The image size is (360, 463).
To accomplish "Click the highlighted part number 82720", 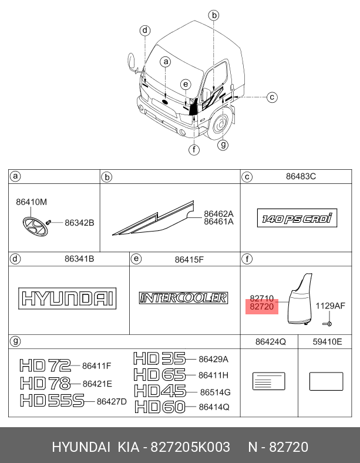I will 261,307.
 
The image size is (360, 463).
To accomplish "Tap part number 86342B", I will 79,223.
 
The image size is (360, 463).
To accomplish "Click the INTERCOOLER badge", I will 183,298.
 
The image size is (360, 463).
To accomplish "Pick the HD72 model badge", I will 45,366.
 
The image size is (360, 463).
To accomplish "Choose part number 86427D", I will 111,401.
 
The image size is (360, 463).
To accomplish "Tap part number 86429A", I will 213,359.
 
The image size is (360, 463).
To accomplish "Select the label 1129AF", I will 330,306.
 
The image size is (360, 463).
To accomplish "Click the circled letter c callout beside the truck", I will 271,98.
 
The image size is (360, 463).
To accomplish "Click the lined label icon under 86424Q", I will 268,381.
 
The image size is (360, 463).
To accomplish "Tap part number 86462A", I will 218,214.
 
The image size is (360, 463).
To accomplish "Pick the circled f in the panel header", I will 247,259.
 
